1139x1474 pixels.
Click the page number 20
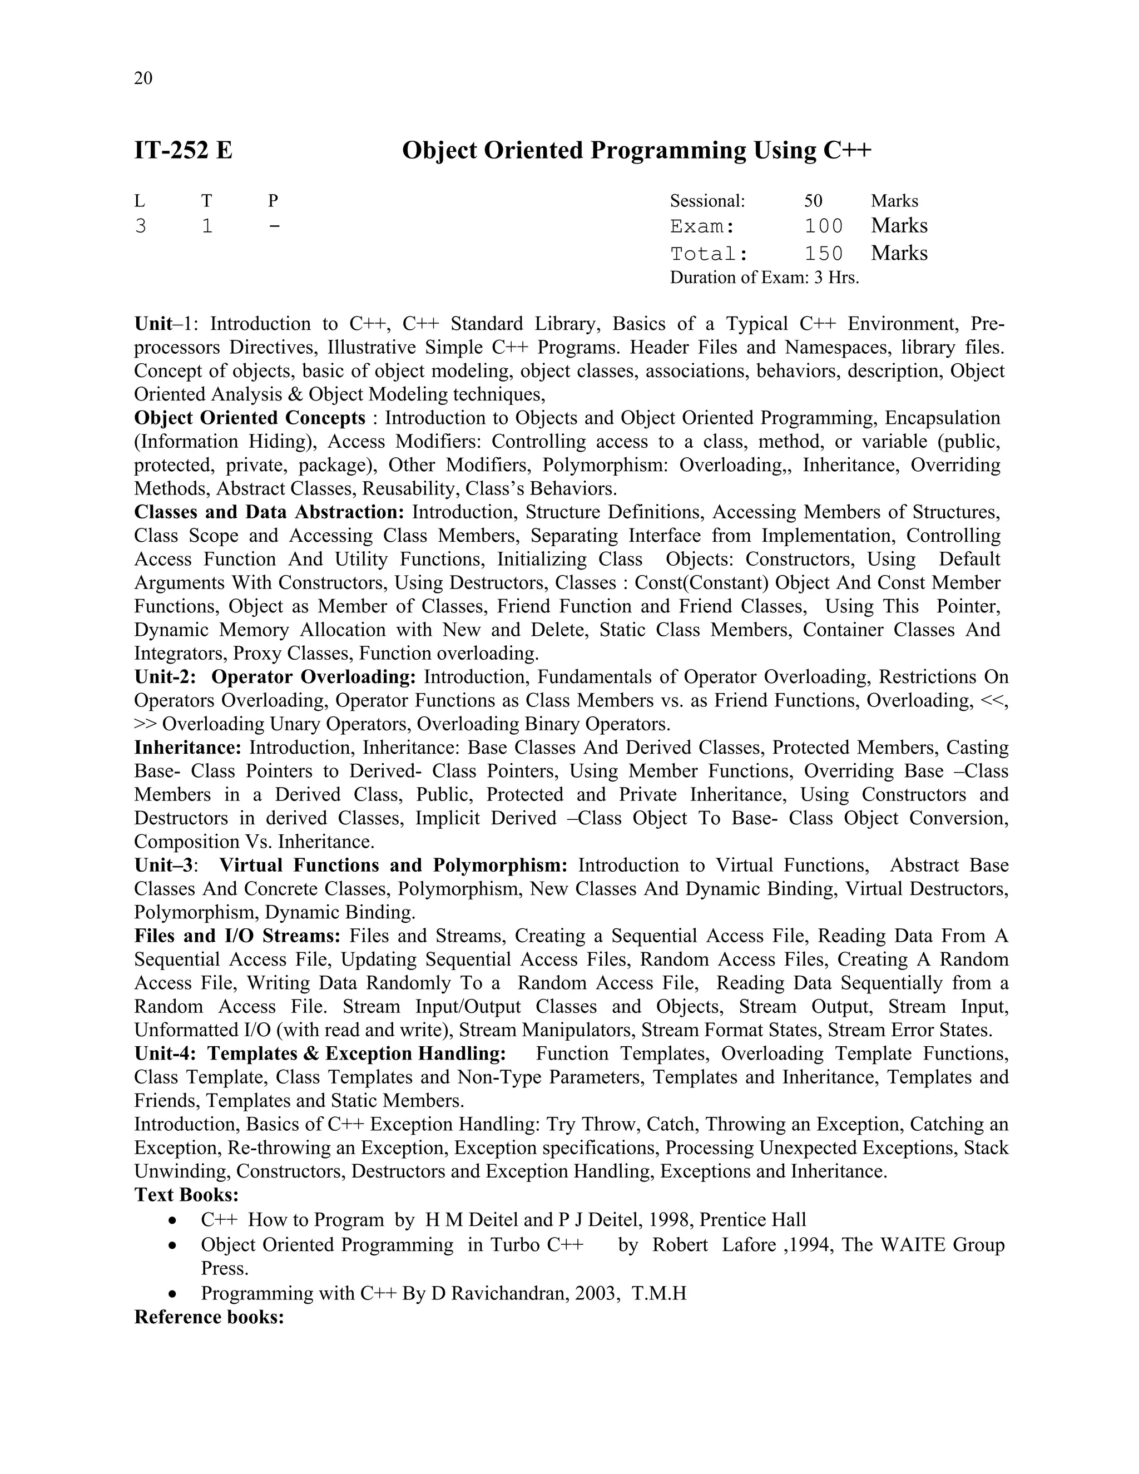143,78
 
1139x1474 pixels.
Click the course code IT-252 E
184,150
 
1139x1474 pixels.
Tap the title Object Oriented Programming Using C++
636,150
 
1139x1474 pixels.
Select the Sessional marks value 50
813,201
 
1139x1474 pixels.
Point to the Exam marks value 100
823,226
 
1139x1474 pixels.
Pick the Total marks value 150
823,254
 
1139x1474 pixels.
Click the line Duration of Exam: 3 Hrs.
764,278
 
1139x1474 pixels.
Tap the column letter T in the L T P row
206,201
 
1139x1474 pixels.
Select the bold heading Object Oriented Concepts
250,418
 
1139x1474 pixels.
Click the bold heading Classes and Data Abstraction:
269,512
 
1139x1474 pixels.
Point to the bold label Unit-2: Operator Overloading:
275,677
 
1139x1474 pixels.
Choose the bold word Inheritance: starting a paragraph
187,748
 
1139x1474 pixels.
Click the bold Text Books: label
186,1195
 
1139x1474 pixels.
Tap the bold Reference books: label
209,1317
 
